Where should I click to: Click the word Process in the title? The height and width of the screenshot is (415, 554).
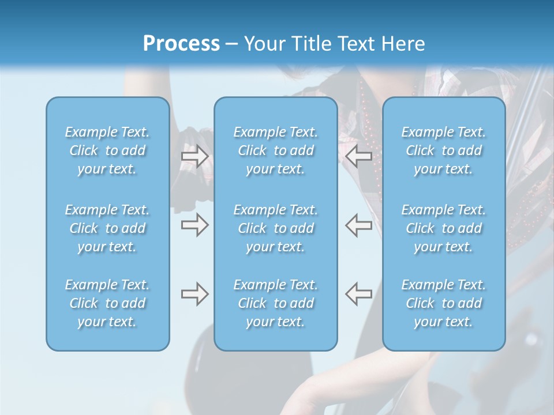pyautogui.click(x=181, y=44)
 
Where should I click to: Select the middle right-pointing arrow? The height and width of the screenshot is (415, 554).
pyautogui.click(x=194, y=225)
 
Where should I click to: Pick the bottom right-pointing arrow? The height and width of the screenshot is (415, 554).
pyautogui.click(x=194, y=294)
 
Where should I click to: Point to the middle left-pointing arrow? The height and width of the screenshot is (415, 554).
pyautogui.click(x=358, y=225)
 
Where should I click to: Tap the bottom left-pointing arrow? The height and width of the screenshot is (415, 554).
pyautogui.click(x=358, y=294)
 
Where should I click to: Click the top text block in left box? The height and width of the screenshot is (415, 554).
pyautogui.click(x=107, y=150)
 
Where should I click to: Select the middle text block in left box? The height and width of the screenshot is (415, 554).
pyautogui.click(x=107, y=228)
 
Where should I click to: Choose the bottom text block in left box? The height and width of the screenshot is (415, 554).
pyautogui.click(x=107, y=303)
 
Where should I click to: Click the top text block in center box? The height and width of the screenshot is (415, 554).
pyautogui.click(x=275, y=150)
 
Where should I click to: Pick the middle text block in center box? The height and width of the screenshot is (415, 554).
pyautogui.click(x=275, y=228)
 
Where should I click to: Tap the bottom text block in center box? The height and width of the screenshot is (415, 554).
pyautogui.click(x=275, y=303)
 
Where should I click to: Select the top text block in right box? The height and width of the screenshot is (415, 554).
pyautogui.click(x=443, y=150)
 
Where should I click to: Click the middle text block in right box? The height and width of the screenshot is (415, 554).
pyautogui.click(x=443, y=228)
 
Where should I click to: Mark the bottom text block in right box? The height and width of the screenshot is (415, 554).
pyautogui.click(x=443, y=303)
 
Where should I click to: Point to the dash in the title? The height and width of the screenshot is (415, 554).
pyautogui.click(x=231, y=44)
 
